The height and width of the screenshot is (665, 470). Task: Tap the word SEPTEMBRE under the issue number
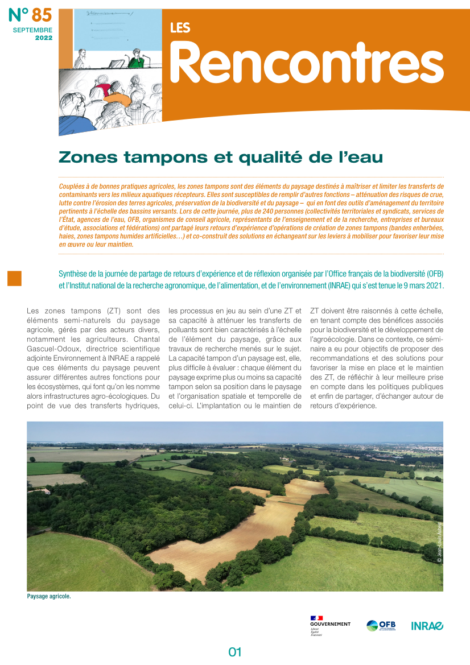[x=32, y=30]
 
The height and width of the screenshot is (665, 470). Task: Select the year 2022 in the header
[x=43, y=38]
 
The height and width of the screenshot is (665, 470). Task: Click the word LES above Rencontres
[x=180, y=27]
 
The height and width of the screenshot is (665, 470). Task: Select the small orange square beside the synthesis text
[x=14, y=278]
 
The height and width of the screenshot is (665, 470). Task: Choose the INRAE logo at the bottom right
[x=427, y=626]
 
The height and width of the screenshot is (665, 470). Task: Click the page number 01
[x=235, y=652]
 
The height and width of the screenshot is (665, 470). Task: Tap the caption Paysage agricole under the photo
[x=49, y=597]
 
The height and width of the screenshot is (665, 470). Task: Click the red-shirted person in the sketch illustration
[x=104, y=89]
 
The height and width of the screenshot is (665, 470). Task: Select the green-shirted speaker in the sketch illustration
[x=136, y=59]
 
